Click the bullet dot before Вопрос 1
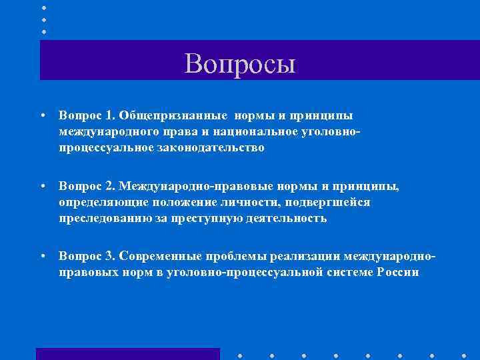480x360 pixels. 42,116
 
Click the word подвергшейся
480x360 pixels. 302,203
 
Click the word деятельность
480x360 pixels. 287,219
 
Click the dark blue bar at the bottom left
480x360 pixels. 127,354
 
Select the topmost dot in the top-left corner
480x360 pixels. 44,7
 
